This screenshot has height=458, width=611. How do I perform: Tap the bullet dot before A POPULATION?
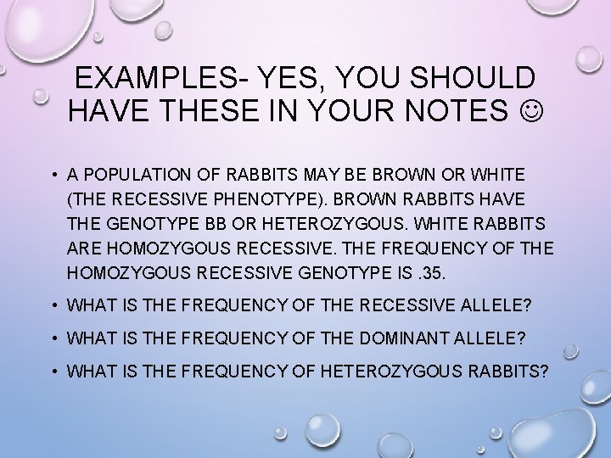[x=53, y=174]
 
